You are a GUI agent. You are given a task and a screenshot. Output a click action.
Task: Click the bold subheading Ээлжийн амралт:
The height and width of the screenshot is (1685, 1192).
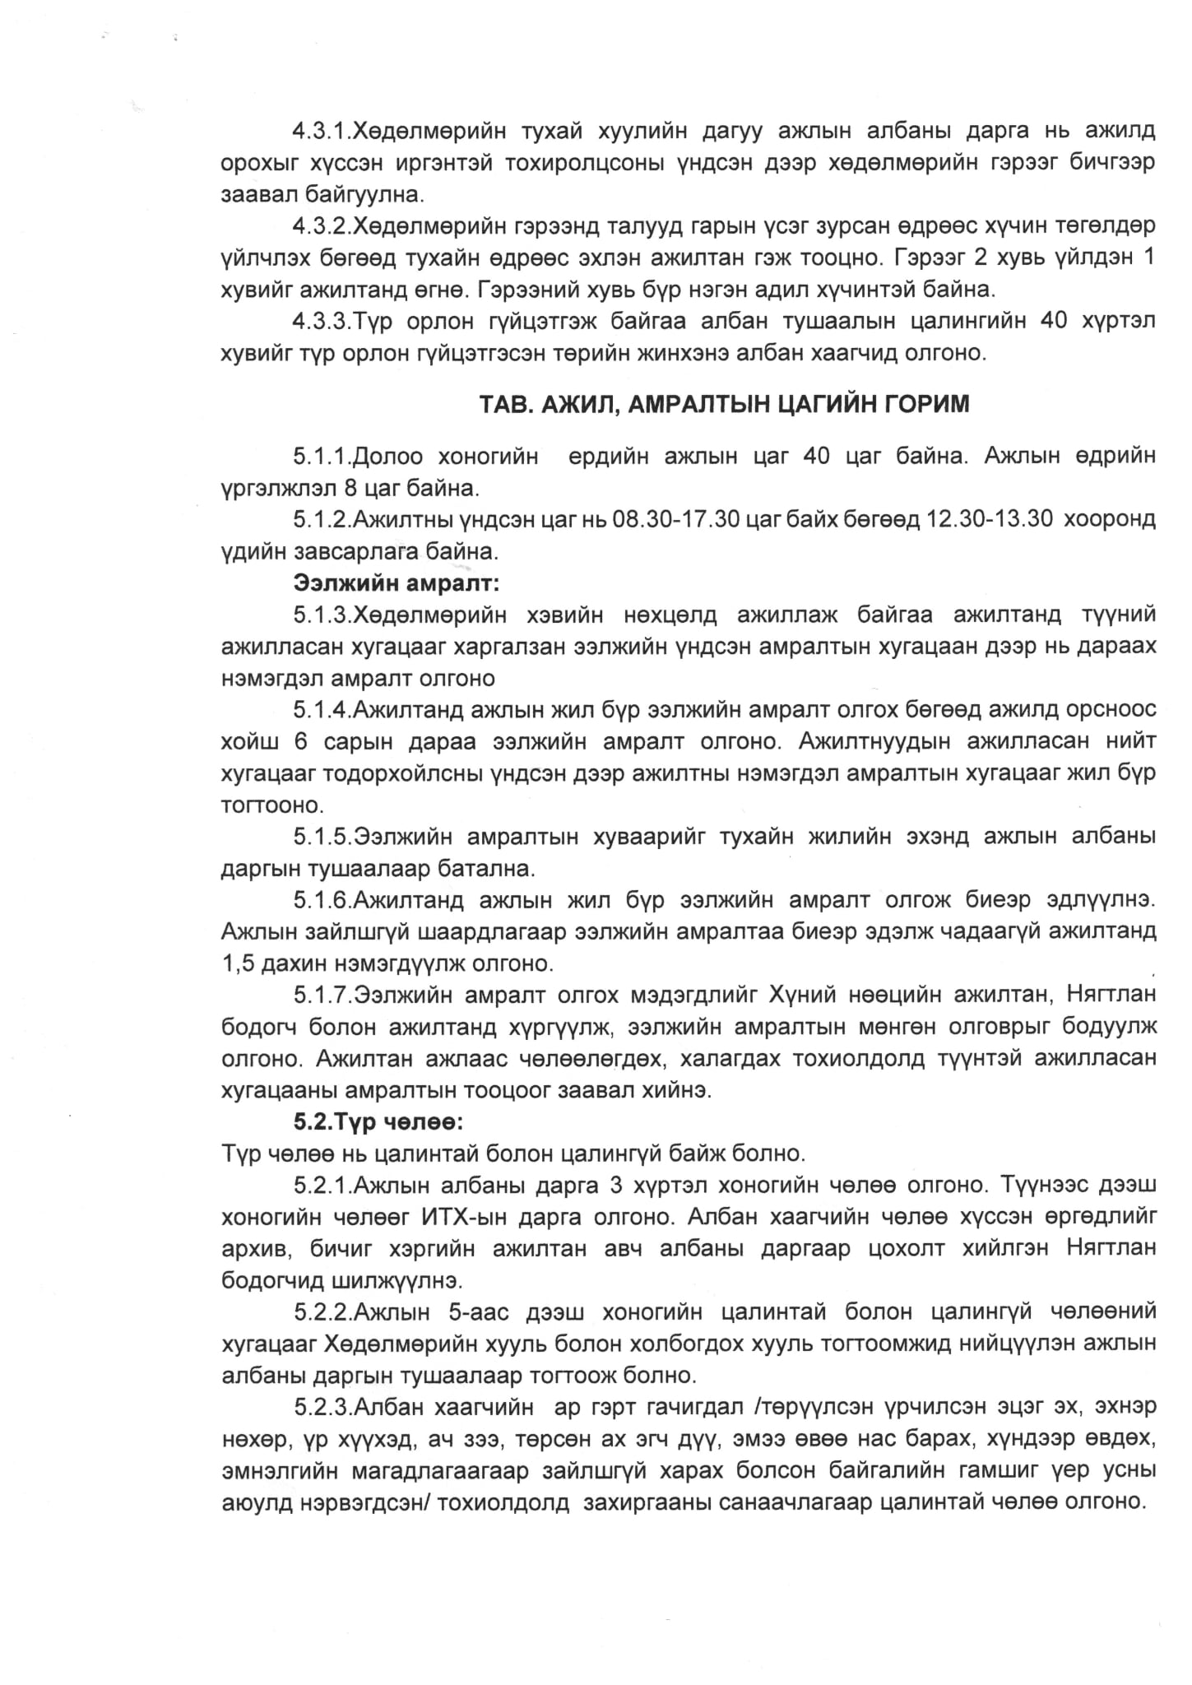[x=397, y=583]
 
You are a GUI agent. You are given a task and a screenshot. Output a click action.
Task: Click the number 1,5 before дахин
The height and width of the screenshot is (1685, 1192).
[x=239, y=963]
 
